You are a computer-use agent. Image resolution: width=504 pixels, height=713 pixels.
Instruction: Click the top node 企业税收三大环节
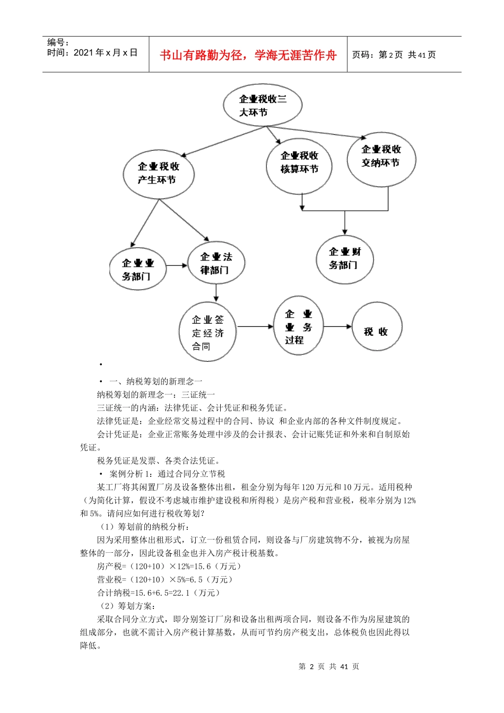[x=262, y=105]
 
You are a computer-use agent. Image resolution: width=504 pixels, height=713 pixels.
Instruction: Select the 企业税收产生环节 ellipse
[x=158, y=173]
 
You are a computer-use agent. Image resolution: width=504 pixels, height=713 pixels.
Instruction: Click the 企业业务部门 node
[x=137, y=269]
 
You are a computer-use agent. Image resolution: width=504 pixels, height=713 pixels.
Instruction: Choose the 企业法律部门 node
[x=216, y=263]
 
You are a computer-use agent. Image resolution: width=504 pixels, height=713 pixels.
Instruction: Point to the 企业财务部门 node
[x=344, y=258]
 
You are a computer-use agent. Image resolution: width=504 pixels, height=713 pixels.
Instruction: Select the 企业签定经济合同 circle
[x=207, y=333]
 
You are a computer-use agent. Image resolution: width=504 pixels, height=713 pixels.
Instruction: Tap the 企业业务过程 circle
[x=298, y=326]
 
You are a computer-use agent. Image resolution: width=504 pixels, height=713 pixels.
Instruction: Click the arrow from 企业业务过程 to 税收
[x=337, y=327]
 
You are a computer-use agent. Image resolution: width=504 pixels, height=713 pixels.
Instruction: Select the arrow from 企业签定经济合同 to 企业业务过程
[x=255, y=327]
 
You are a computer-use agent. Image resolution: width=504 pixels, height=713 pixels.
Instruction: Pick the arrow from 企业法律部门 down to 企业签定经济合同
[x=216, y=293]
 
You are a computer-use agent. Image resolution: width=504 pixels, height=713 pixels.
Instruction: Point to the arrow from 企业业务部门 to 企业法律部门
[x=177, y=265]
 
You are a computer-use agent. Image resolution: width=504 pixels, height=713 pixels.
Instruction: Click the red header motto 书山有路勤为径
[x=248, y=55]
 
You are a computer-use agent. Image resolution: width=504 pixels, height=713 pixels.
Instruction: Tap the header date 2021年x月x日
[x=106, y=53]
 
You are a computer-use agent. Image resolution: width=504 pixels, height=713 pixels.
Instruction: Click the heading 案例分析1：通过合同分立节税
[x=167, y=474]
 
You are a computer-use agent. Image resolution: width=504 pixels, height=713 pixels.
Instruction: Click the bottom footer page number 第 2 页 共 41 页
[x=328, y=666]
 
